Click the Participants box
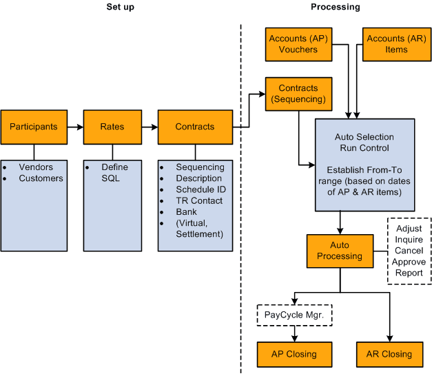[x=33, y=127]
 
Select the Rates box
[x=112, y=127]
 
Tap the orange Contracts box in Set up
[x=194, y=127]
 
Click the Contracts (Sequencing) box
[x=298, y=94]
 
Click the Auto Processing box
[x=340, y=251]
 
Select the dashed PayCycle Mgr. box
[x=294, y=316]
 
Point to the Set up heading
[x=120, y=7]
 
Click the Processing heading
[x=335, y=7]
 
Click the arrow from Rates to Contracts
[x=150, y=127]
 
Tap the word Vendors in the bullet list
[x=35, y=167]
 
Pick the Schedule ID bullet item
[x=200, y=189]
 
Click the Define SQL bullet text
[x=114, y=172]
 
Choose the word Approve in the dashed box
[x=409, y=262]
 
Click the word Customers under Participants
[x=41, y=178]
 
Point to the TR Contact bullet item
[x=199, y=200]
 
